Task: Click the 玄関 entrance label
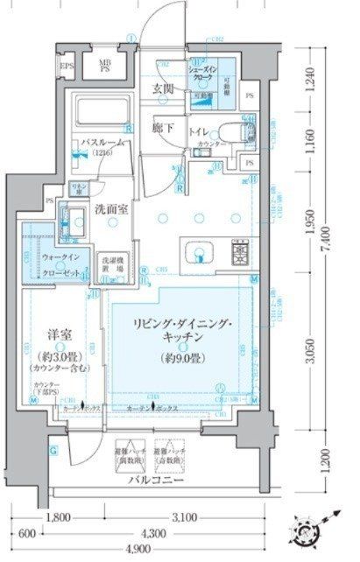pyautogui.click(x=163, y=88)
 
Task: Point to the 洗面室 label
pyautogui.click(x=113, y=211)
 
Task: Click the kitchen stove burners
pyautogui.click(x=238, y=254)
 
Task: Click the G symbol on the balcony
pyautogui.click(x=54, y=451)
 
